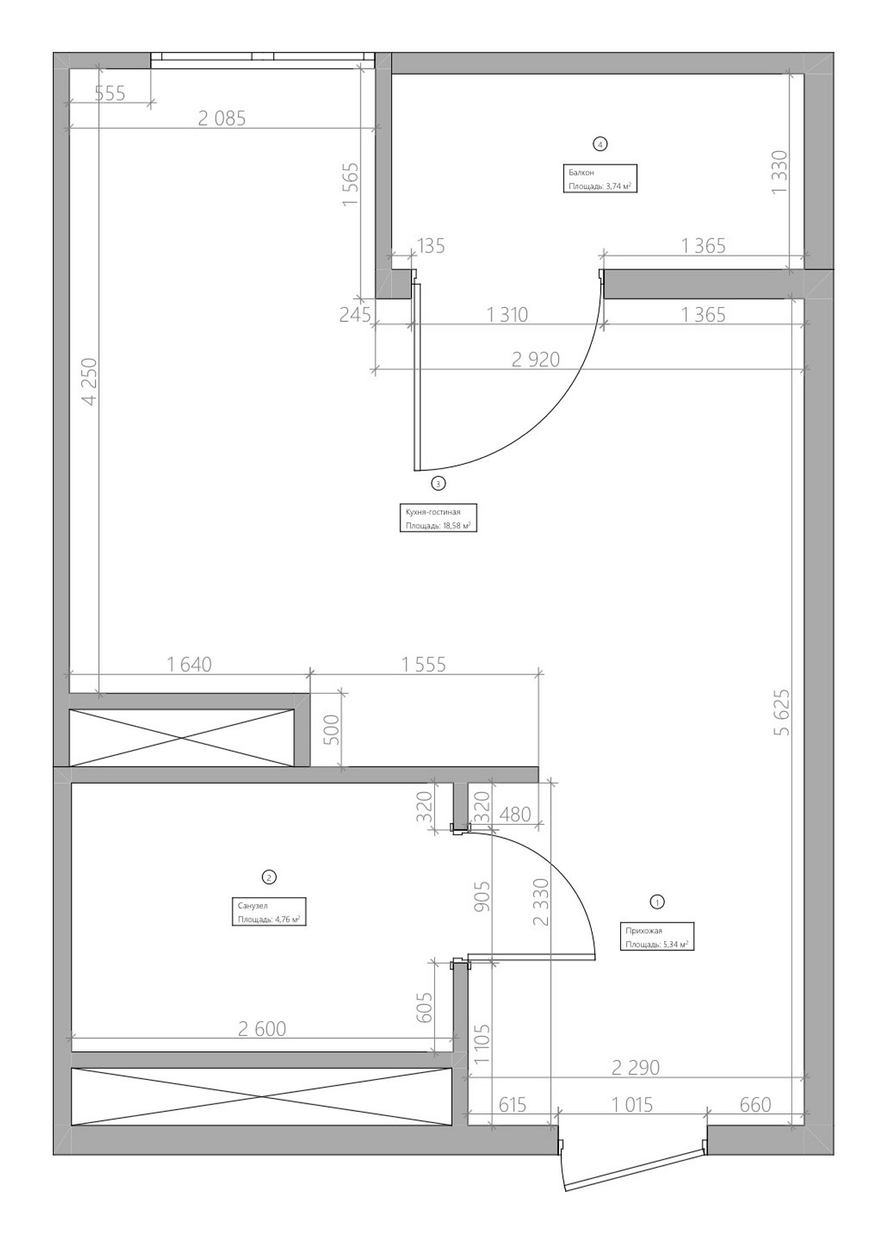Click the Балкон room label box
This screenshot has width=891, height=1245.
point(600,178)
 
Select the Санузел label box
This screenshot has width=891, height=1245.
point(269,911)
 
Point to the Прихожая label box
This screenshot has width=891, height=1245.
point(657,937)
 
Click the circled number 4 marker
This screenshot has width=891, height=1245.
point(600,144)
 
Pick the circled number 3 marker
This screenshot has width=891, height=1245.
point(438,483)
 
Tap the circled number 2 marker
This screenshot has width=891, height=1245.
point(268,877)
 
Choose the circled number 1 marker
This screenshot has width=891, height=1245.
point(656,902)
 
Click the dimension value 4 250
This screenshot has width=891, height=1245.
point(89,381)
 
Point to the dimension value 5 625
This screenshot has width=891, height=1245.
point(782,712)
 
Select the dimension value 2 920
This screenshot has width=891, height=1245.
point(536,359)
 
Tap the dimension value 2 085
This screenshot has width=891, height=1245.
point(222,118)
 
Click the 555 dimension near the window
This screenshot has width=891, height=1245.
point(110,93)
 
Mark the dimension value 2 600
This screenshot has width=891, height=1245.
point(262,1028)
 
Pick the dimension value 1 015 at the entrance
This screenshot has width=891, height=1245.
point(632,1104)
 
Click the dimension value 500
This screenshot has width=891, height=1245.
point(333,730)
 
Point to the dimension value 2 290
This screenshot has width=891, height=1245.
point(636,1067)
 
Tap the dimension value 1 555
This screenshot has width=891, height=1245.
point(424,665)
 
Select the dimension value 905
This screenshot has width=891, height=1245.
point(482,897)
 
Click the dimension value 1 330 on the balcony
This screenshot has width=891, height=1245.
point(780,171)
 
